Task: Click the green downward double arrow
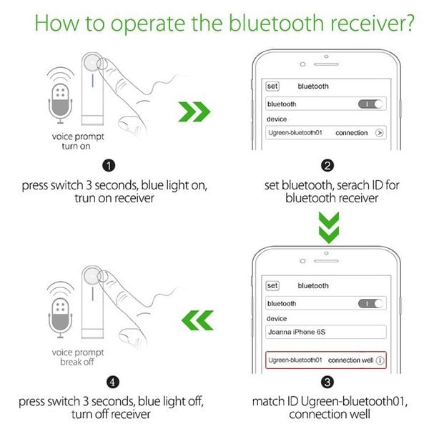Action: [x=326, y=228]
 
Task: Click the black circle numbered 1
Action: [x=109, y=167]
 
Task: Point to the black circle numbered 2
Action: [x=327, y=167]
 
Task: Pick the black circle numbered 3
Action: [x=327, y=383]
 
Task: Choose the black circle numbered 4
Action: [x=109, y=383]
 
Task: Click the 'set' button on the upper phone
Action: [x=272, y=86]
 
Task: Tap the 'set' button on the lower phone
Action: [x=272, y=285]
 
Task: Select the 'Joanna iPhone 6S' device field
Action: [x=326, y=332]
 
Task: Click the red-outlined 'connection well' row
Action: [x=326, y=360]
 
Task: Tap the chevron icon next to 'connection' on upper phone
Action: [x=379, y=132]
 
